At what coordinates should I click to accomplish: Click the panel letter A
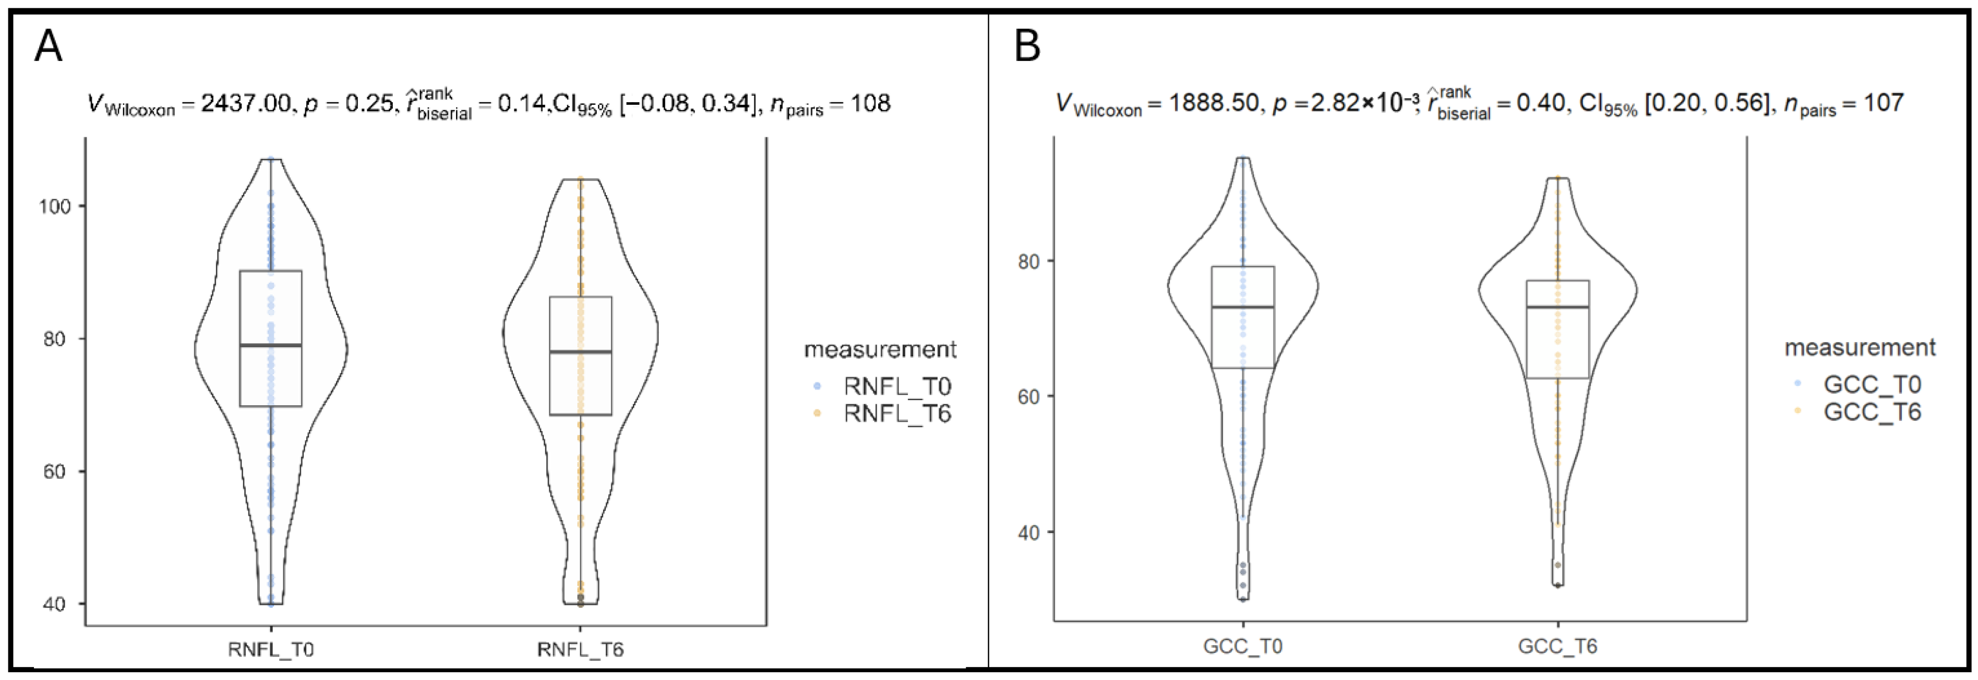(x=49, y=46)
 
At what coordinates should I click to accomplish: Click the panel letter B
(x=1027, y=46)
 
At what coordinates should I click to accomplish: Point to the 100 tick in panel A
(x=55, y=207)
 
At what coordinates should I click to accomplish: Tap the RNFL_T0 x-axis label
(x=271, y=649)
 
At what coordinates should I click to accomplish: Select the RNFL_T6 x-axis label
(x=581, y=649)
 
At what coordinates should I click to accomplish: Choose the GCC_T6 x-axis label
(x=1558, y=646)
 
